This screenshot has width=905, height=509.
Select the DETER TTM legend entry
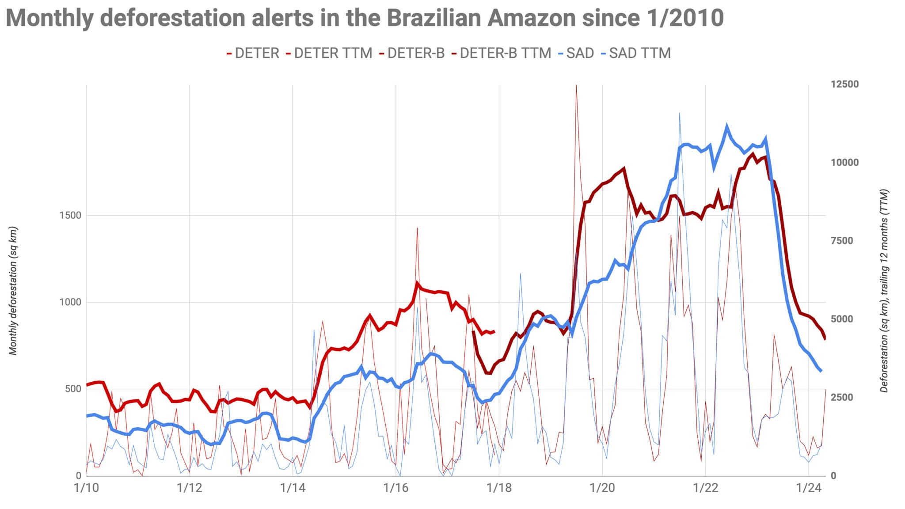click(333, 53)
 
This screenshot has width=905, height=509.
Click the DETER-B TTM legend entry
click(505, 53)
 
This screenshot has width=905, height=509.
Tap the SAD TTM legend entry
click(639, 53)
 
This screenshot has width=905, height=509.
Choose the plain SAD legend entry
click(580, 53)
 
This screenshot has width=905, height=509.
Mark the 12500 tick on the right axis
click(844, 84)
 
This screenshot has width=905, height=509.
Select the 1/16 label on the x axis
click(395, 488)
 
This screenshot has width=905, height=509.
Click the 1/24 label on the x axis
click(808, 488)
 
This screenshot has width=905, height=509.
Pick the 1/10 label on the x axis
click(86, 488)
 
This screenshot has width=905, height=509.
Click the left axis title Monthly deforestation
click(13, 291)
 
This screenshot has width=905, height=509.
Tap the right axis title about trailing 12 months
click(884, 291)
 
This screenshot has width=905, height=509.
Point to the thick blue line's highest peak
click(726, 126)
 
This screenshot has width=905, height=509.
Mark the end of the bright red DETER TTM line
click(494, 331)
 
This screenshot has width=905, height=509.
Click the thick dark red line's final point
click(825, 339)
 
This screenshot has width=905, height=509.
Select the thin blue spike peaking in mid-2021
click(679, 114)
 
